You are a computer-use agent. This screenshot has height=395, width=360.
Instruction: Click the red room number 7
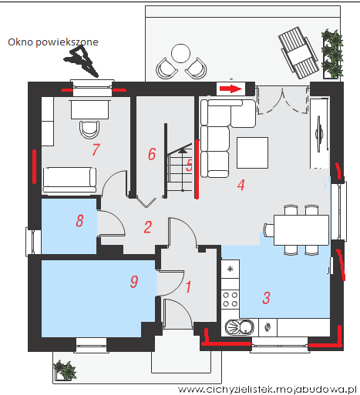click(96, 149)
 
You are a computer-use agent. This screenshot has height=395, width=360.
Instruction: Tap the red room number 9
click(134, 282)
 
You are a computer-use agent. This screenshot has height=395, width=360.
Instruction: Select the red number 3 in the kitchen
click(266, 298)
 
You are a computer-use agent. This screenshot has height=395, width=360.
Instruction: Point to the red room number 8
click(79, 221)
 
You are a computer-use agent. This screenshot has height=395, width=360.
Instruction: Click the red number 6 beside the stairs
click(152, 154)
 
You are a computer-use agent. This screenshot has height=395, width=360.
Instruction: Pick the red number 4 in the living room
click(241, 185)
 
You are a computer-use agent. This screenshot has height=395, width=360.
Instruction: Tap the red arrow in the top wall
click(230, 89)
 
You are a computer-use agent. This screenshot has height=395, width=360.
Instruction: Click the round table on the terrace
click(181, 53)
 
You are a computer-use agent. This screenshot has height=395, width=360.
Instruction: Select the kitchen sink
click(240, 327)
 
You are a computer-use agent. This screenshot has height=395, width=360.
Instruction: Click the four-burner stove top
click(230, 300)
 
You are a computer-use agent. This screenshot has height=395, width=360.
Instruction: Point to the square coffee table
click(252, 152)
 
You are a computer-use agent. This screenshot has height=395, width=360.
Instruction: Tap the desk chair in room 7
click(89, 129)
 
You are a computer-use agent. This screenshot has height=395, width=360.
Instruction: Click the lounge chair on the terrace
click(298, 52)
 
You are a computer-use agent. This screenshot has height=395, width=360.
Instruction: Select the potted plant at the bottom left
click(64, 370)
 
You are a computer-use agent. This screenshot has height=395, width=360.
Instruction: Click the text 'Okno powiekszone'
click(53, 42)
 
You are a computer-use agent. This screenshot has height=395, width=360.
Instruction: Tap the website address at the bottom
click(267, 390)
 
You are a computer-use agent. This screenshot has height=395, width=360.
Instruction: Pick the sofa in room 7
click(69, 180)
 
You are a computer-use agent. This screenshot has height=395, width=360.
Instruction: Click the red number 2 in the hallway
click(148, 227)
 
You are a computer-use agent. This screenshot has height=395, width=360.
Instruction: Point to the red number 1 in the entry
click(188, 286)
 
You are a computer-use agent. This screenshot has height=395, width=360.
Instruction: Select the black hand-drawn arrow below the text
click(82, 61)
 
